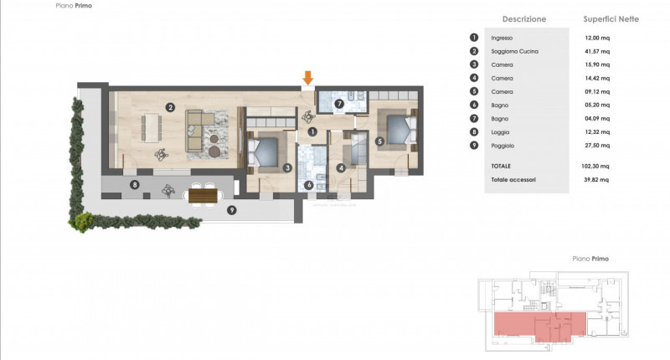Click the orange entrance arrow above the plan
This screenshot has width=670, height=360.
pyautogui.click(x=308, y=78)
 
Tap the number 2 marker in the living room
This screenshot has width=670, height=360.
pyautogui.click(x=170, y=107)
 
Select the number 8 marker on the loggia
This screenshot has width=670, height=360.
pyautogui.click(x=133, y=183)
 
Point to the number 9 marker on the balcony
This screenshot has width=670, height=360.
pyautogui.click(x=231, y=209)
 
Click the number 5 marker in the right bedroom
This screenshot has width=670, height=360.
pyautogui.click(x=379, y=141)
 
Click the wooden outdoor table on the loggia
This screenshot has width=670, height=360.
pyautogui.click(x=203, y=196)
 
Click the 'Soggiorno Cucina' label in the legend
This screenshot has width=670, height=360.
pyautogui.click(x=515, y=52)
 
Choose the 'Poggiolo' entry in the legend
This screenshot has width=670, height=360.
pyautogui.click(x=503, y=146)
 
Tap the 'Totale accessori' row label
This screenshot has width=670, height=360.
pyautogui.click(x=513, y=179)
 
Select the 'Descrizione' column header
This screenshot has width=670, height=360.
pyautogui.click(x=524, y=18)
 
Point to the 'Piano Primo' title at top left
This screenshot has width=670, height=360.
pyautogui.click(x=75, y=5)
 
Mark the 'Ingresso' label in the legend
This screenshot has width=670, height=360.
pyautogui.click(x=502, y=39)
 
